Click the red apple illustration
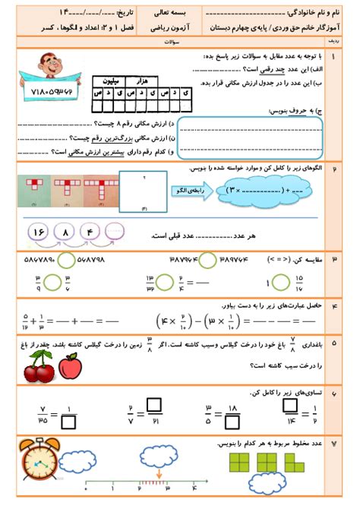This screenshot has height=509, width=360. pyautogui.click(x=70, y=368)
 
